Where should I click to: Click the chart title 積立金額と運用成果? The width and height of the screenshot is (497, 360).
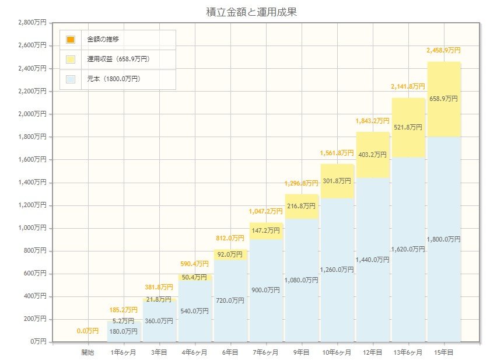251,11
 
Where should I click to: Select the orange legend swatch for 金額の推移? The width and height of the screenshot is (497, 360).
71,40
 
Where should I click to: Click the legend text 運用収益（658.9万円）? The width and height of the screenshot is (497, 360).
118,59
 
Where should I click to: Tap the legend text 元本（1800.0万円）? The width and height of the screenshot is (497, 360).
113,78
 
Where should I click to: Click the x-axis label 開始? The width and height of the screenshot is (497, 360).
87,352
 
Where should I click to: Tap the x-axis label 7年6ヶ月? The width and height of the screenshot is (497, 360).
266,352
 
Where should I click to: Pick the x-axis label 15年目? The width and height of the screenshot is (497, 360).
443,352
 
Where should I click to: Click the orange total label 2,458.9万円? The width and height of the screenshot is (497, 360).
443,51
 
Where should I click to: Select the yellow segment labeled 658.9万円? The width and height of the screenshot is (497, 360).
443,99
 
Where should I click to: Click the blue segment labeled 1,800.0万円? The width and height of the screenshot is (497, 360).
443,239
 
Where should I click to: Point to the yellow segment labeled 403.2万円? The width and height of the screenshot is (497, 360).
372,155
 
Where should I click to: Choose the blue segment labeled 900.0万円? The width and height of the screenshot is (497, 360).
266,290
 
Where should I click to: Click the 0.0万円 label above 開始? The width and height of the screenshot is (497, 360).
87,331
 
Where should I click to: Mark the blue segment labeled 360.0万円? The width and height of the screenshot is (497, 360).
159,321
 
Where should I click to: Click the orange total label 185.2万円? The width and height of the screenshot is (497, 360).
123,310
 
